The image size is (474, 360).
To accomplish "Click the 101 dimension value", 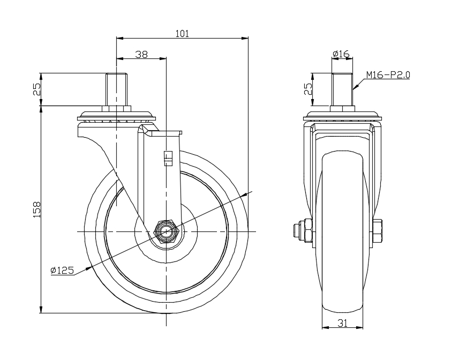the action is point(182,34).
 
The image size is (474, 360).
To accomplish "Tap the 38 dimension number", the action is point(141,55).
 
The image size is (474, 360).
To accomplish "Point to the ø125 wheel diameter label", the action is point(62,270).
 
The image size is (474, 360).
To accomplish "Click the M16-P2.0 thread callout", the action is point(388,74).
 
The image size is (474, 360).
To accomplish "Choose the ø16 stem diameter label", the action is point(341,54).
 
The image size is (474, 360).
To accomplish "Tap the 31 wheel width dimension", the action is point(342,323).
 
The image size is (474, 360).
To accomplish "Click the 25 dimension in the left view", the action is point(36,89).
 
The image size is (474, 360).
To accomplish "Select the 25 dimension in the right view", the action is point(308,89).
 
